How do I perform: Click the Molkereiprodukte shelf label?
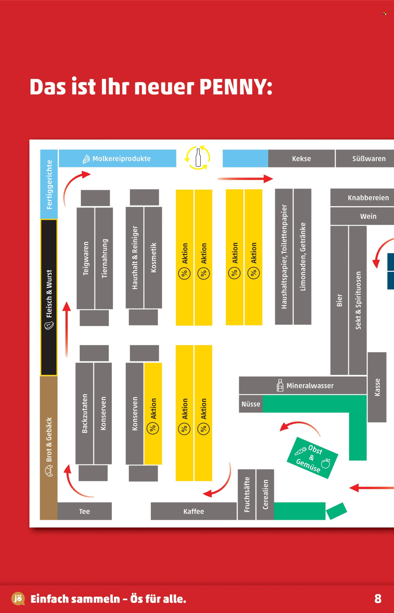click(x=121, y=159)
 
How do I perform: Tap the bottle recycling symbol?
click(x=198, y=158)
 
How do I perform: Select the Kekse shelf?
click(x=301, y=158)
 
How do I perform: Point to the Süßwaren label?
click(x=369, y=159)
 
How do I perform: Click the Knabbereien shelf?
click(x=362, y=198)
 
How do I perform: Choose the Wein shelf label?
click(x=368, y=216)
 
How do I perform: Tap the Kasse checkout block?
click(x=377, y=387)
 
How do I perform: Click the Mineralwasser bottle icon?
click(x=280, y=385)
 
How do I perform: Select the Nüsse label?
click(x=251, y=404)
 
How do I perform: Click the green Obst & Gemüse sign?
click(x=312, y=458)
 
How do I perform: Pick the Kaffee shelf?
click(x=194, y=511)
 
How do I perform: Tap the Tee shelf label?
click(x=84, y=511)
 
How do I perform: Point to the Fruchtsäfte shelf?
click(x=246, y=495)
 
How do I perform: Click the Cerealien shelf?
click(x=265, y=495)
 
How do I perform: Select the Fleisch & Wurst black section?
click(x=49, y=298)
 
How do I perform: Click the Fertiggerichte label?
click(x=49, y=185)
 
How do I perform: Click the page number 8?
click(x=378, y=599)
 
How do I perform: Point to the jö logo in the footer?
click(x=18, y=599)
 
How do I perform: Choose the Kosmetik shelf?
click(x=153, y=258)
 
